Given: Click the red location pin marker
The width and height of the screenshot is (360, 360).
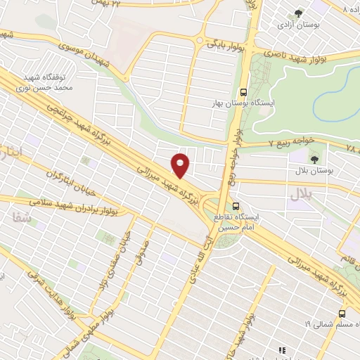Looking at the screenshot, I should click(181, 165).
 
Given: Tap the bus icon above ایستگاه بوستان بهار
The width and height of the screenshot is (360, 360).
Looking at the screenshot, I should click(243, 91).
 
